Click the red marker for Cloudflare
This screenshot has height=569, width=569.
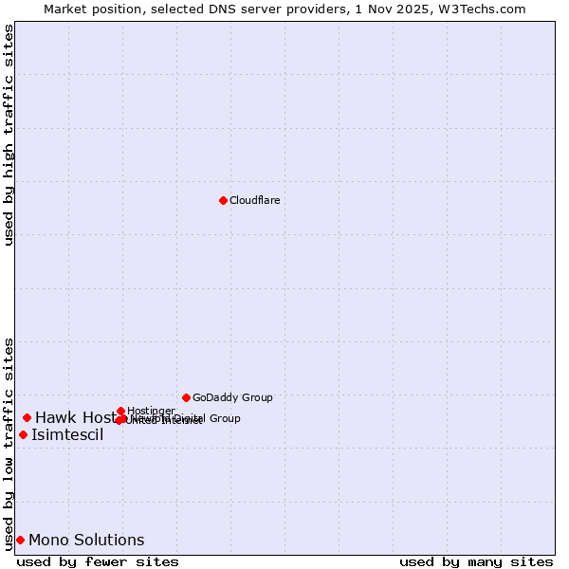pos(223,200)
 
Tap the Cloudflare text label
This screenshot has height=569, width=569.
pos(255,200)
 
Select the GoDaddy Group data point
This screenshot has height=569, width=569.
pos(186,397)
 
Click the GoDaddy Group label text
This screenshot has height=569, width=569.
pos(232,397)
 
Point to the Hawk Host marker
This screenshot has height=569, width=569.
pos(28,417)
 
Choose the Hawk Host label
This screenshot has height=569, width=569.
pos(74,417)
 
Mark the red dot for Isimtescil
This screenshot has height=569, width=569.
pos(23,434)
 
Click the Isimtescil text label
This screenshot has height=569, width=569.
pos(67,435)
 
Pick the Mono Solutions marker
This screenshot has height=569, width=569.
pos(20,540)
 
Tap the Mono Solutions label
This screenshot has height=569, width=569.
pos(86,541)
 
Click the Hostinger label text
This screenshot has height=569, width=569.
pos(151,411)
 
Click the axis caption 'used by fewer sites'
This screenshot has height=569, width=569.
pos(98,561)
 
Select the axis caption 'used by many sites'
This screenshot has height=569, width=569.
pos(476,561)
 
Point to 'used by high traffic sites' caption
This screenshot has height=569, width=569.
pos(9,135)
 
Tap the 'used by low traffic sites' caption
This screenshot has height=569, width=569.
pos(9,443)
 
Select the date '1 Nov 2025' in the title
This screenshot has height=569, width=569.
pos(411,9)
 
